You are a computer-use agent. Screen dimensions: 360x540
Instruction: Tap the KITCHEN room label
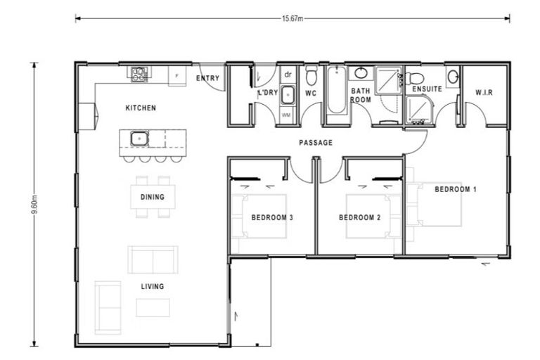point(141,108)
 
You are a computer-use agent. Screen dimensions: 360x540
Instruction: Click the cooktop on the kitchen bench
point(139,72)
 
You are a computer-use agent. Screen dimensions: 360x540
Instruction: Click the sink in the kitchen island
point(139,139)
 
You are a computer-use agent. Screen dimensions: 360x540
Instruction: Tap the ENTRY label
point(207,78)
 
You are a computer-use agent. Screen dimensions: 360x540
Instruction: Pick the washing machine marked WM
point(287,112)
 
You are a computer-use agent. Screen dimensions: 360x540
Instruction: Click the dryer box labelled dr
point(288,75)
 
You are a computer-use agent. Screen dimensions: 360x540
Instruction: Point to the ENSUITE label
point(427,90)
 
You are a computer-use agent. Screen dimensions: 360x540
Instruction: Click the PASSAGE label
point(316,143)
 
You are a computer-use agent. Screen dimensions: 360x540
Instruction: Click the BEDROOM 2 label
point(359,218)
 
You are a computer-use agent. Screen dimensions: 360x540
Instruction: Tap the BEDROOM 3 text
point(272,218)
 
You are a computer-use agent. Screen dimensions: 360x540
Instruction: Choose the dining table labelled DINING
point(153,197)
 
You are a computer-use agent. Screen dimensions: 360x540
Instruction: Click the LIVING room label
point(153,286)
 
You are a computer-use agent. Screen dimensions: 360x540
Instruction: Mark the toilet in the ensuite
point(416,77)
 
